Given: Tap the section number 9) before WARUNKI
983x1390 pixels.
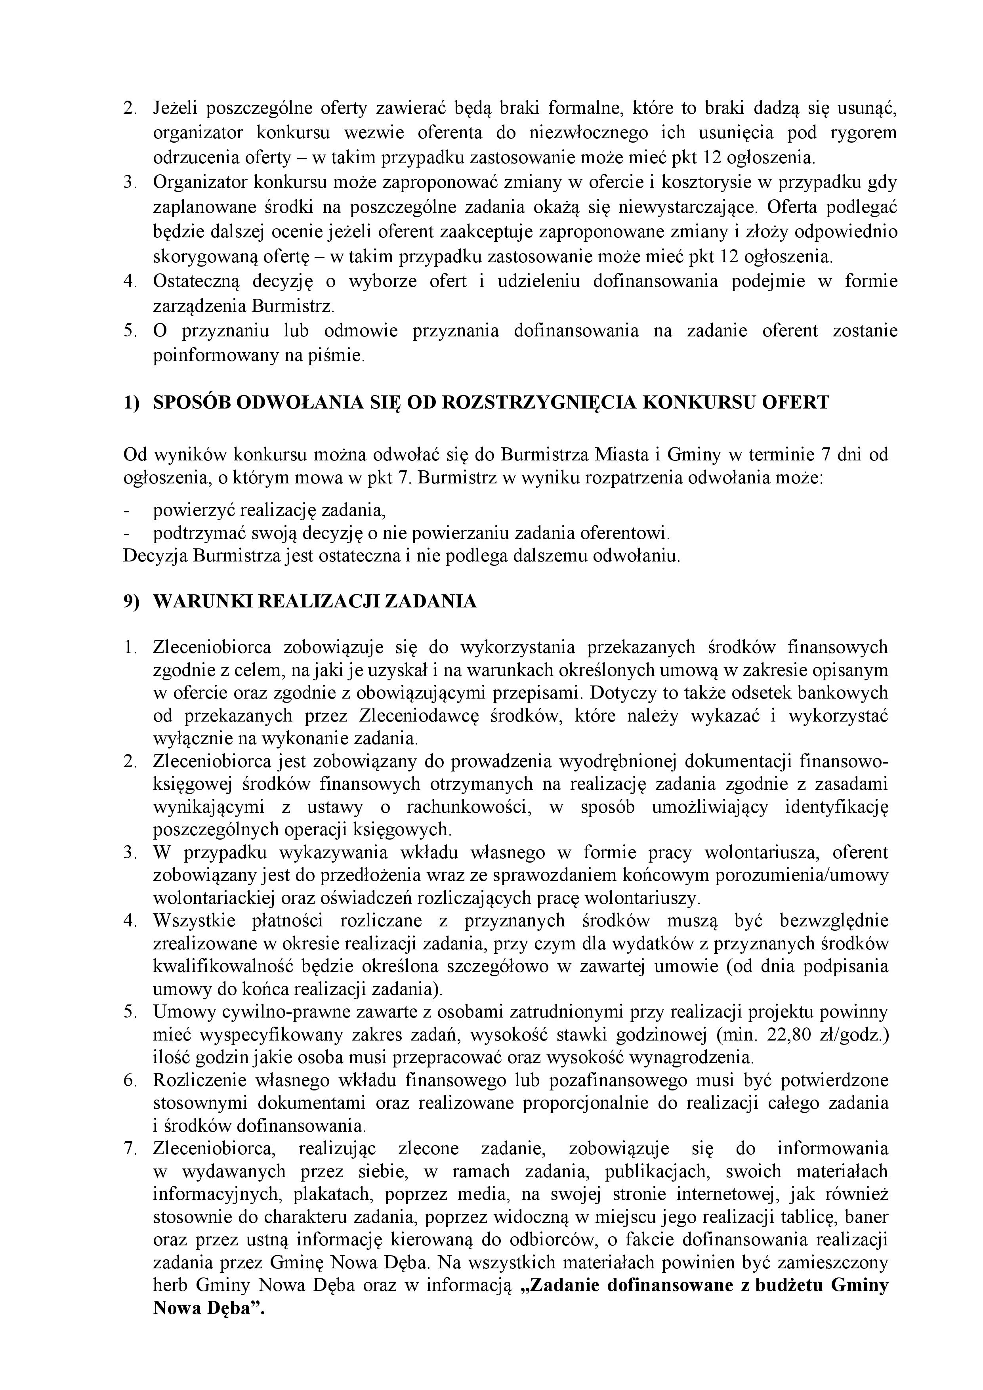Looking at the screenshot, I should pyautogui.click(x=131, y=602).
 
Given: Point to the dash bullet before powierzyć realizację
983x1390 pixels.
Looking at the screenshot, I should pyautogui.click(x=127, y=511).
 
